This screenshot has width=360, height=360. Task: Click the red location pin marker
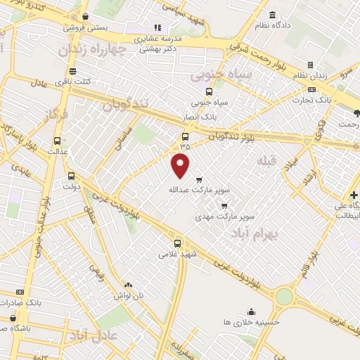(x=181, y=167)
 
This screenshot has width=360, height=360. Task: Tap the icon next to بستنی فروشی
(x=85, y=16)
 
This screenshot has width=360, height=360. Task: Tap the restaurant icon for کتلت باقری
(x=72, y=71)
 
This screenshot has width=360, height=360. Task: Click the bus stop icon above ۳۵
(x=185, y=136)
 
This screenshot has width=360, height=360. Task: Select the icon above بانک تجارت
(x=311, y=90)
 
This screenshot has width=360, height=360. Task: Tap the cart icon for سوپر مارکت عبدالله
(x=199, y=179)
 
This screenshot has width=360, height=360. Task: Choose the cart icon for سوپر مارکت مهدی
(x=224, y=206)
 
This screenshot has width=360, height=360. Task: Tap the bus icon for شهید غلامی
(x=177, y=243)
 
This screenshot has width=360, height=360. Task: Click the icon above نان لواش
(x=128, y=285)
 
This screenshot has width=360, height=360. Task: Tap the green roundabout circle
(x=283, y=297)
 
